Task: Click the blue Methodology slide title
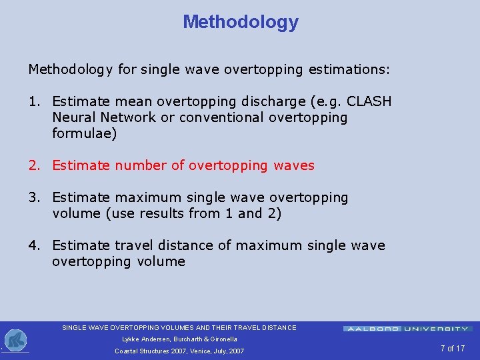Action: (241, 22)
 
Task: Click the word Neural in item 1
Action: (73, 117)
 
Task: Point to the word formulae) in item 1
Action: (84, 133)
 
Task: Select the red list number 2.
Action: (34, 165)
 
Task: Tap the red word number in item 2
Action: (141, 165)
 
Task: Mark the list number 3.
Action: (34, 197)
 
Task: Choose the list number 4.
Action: (34, 245)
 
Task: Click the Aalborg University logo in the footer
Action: (407, 329)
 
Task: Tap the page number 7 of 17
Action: (452, 349)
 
